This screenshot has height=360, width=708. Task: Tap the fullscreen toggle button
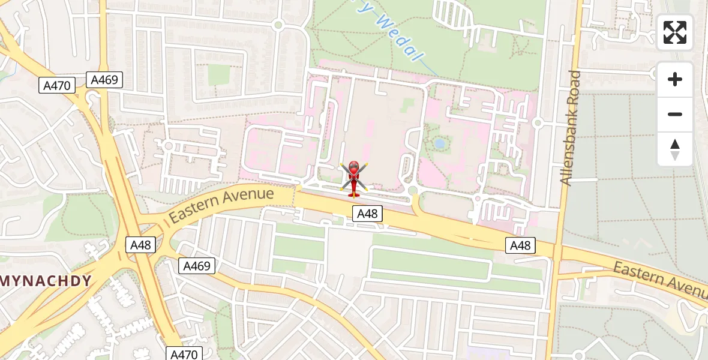(x=675, y=32)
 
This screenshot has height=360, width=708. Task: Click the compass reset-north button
(x=675, y=149)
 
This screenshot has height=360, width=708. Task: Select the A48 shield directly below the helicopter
(x=367, y=214)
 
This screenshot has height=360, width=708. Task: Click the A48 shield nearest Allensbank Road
(x=520, y=245)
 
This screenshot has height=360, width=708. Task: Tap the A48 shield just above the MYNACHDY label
(x=140, y=245)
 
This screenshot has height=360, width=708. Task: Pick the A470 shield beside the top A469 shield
(x=58, y=86)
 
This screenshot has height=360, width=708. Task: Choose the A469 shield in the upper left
(x=104, y=80)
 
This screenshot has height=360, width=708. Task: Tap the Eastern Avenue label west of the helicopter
(x=221, y=205)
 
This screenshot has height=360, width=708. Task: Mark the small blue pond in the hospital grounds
(x=440, y=143)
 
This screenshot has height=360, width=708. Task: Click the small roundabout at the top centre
(x=277, y=25)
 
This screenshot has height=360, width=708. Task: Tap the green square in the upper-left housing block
(x=219, y=74)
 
